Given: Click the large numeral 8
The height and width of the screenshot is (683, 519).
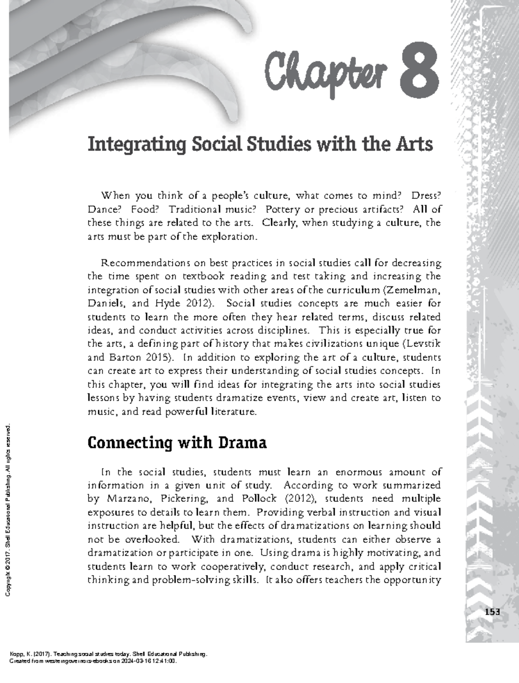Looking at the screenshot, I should pyautogui.click(x=420, y=73).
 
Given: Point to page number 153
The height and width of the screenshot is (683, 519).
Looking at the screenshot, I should pyautogui.click(x=492, y=612).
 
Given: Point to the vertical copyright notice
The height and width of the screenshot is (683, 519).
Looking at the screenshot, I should pyautogui.click(x=7, y=510).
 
